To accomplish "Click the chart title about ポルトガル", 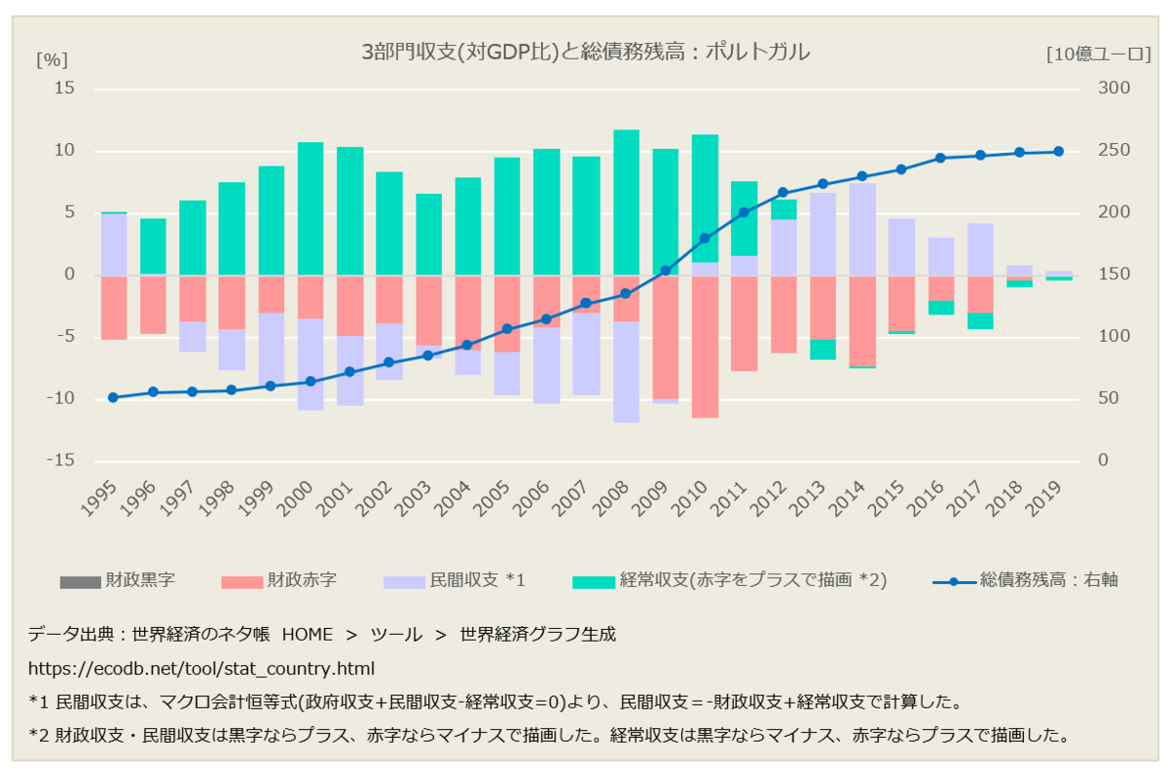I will pyautogui.click(x=584, y=53).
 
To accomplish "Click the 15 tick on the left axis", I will pyautogui.click(x=64, y=89).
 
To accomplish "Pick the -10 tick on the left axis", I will pyautogui.click(x=61, y=399).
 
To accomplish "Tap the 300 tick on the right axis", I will pyautogui.click(x=1114, y=89).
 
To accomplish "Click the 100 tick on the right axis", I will pyautogui.click(x=1114, y=337).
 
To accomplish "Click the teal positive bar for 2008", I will pyautogui.click(x=626, y=202).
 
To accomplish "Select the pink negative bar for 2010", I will pyautogui.click(x=705, y=347).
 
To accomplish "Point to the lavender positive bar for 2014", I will pyautogui.click(x=862, y=229).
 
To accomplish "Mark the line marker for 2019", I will pyautogui.click(x=1059, y=151).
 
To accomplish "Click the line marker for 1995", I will pyautogui.click(x=113, y=397).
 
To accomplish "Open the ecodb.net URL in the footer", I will pyautogui.click(x=201, y=670).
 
